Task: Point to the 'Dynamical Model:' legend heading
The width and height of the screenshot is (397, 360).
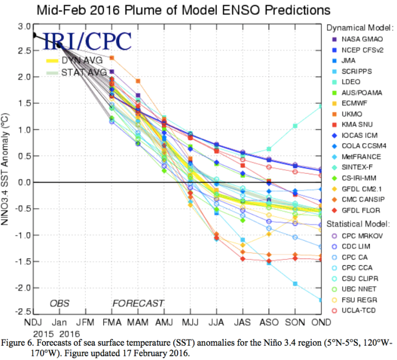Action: tap(360, 27)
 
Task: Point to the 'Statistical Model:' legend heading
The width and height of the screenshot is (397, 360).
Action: tap(360, 224)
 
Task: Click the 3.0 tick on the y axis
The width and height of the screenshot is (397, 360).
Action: tap(23, 27)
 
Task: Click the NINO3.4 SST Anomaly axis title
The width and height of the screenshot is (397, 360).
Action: tap(7, 169)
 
